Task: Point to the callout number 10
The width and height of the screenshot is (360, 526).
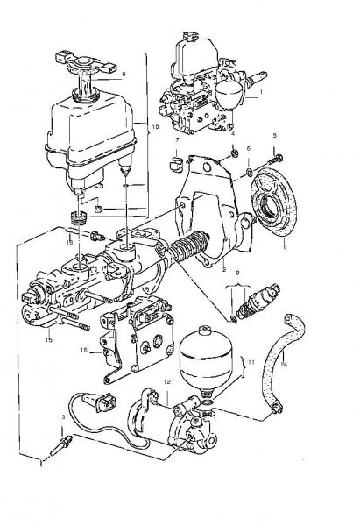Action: point(156,127)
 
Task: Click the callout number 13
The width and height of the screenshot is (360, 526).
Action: point(61,418)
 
